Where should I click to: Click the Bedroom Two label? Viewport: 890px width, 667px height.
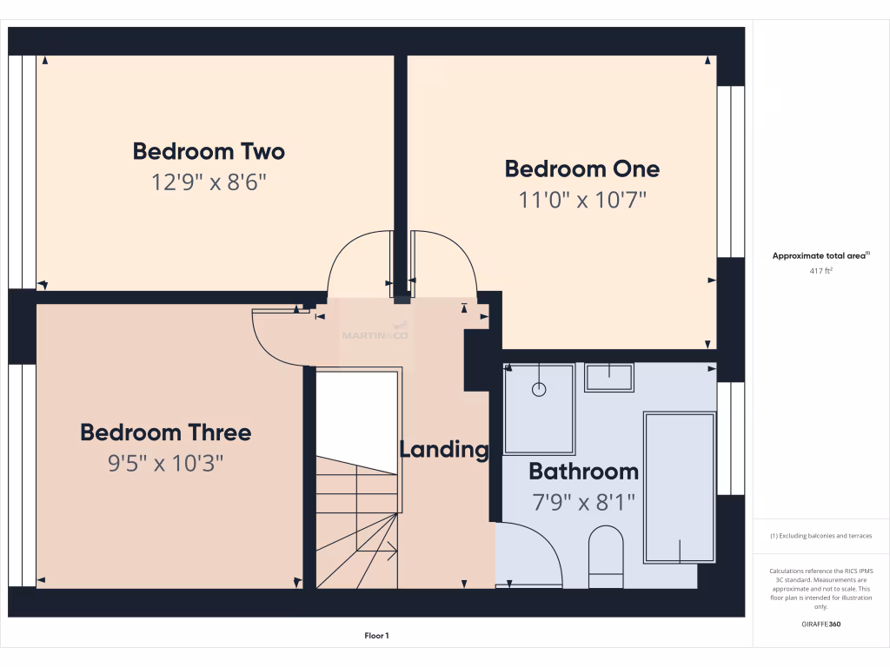pos(209,151)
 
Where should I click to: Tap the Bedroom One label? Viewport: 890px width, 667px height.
pos(582,168)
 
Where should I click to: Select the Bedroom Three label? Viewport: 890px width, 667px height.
pos(165,433)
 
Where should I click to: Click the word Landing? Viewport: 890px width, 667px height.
pos(443,450)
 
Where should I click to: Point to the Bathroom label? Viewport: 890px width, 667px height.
pos(583,472)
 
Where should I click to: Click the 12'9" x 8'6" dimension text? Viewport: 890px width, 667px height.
pos(209,183)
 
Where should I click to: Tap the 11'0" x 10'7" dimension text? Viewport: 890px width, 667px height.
pos(582,201)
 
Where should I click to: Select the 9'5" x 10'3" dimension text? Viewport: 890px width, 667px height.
pos(165,464)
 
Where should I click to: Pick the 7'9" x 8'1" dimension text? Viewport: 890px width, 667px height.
pos(583,502)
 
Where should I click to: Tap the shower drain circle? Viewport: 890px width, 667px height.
pos(539,390)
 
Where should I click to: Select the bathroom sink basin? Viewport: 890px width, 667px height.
pos(608,377)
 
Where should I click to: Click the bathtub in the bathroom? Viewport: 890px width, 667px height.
pos(679,486)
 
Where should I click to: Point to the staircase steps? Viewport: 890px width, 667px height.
pos(356,521)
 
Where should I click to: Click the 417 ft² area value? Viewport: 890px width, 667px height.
pos(820,271)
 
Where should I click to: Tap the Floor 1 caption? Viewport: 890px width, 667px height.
pos(376,637)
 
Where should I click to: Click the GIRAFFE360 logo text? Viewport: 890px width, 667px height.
pos(820,624)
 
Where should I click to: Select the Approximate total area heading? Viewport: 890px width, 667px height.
pos(820,255)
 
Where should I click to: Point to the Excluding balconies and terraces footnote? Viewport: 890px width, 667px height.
pos(820,536)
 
